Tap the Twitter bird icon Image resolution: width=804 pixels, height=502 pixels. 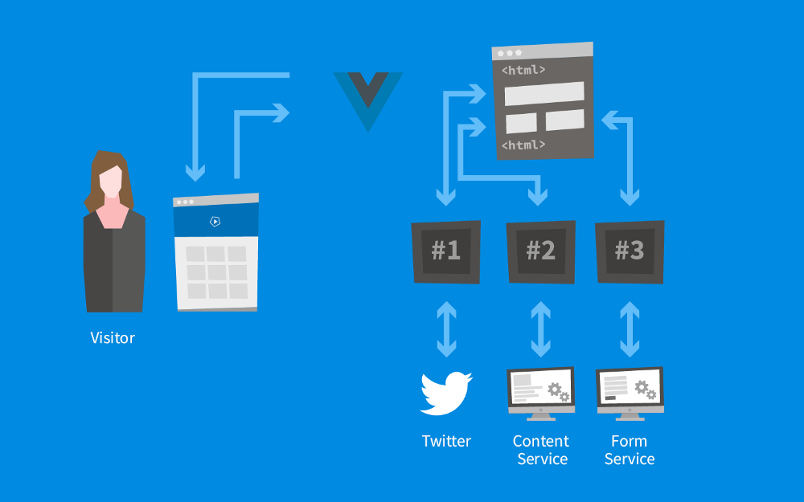tap(446, 393)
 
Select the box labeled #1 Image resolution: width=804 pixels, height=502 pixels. tap(446, 251)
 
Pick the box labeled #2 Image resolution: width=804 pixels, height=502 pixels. tap(541, 251)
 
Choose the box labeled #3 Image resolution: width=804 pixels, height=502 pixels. tap(630, 251)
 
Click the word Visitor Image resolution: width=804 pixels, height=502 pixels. tap(113, 338)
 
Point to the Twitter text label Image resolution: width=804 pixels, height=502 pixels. tap(446, 441)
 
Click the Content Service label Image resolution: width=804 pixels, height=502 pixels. tap(541, 450)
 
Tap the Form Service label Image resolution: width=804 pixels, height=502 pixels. tap(630, 450)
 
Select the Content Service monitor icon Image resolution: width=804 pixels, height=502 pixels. tap(541, 392)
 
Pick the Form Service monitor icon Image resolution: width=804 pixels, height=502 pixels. tap(630, 392)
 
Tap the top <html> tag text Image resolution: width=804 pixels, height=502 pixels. tap(523, 71)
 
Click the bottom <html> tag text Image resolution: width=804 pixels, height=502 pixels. tap(523, 145)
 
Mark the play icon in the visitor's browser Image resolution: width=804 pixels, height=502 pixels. tap(215, 222)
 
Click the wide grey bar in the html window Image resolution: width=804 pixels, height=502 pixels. tap(544, 94)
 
